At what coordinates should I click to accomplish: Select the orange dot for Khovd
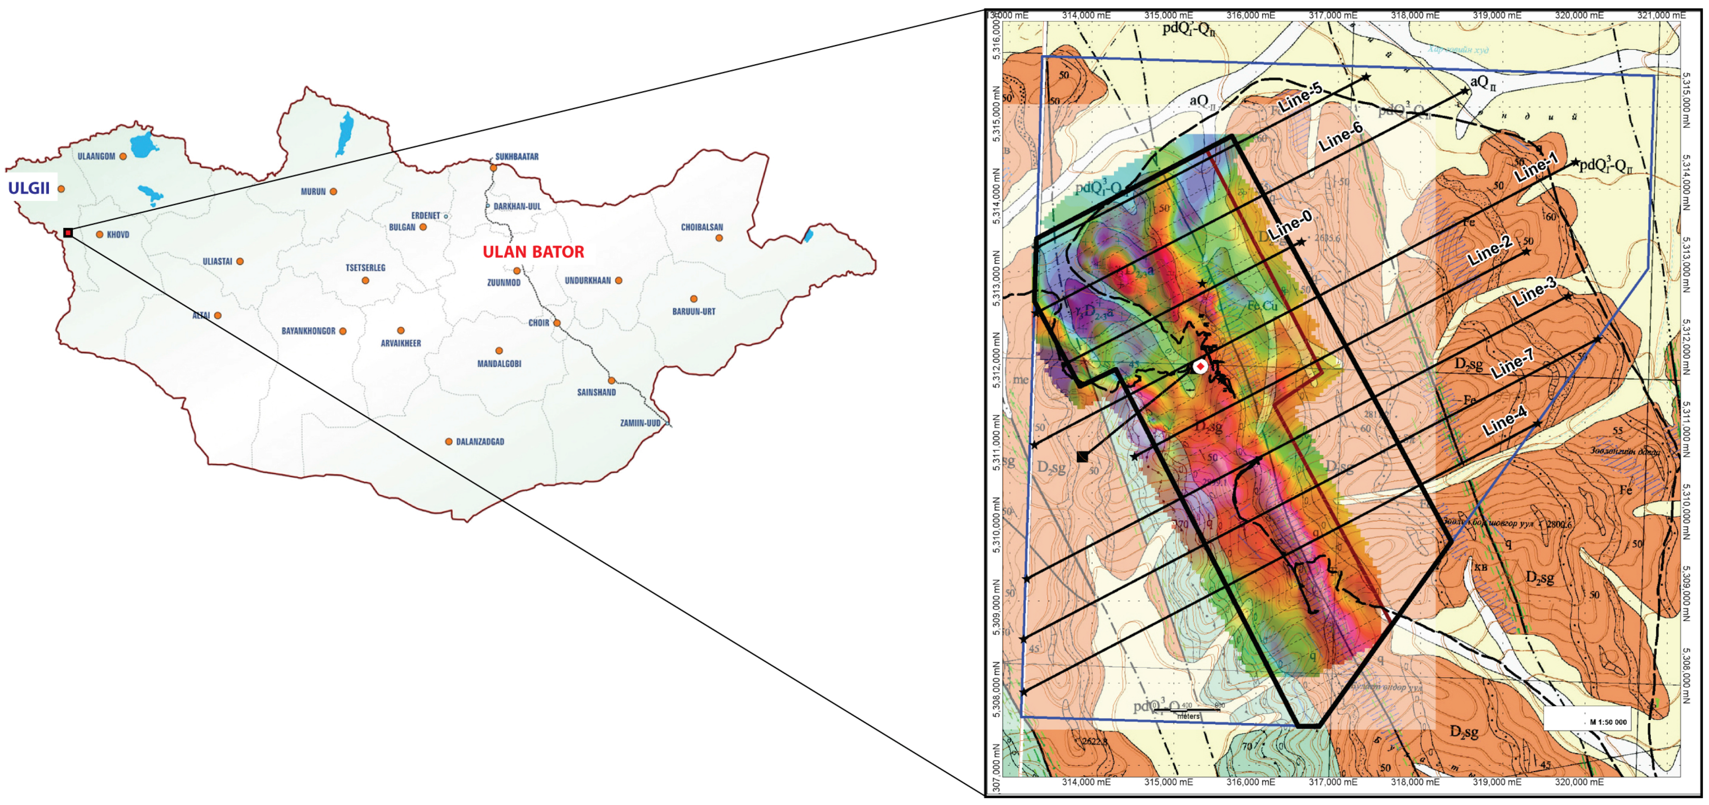tap(99, 234)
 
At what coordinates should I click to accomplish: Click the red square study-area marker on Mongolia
tap(68, 233)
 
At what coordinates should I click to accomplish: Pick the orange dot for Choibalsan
tap(719, 237)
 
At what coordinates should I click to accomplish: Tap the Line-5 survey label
tap(1300, 98)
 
